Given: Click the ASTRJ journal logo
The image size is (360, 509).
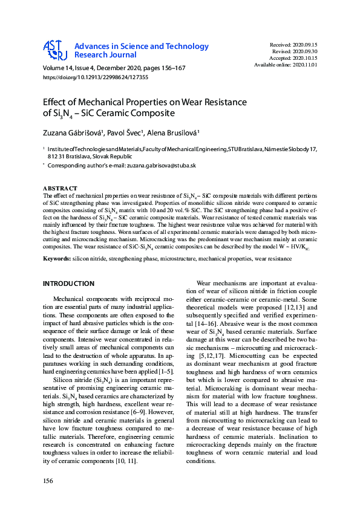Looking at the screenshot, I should pos(54,50).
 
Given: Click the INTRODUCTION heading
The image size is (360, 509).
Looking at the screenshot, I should pos(68,284).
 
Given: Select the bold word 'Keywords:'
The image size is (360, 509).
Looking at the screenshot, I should pos(57,259).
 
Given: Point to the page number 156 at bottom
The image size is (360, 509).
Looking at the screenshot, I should pos(48,480).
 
